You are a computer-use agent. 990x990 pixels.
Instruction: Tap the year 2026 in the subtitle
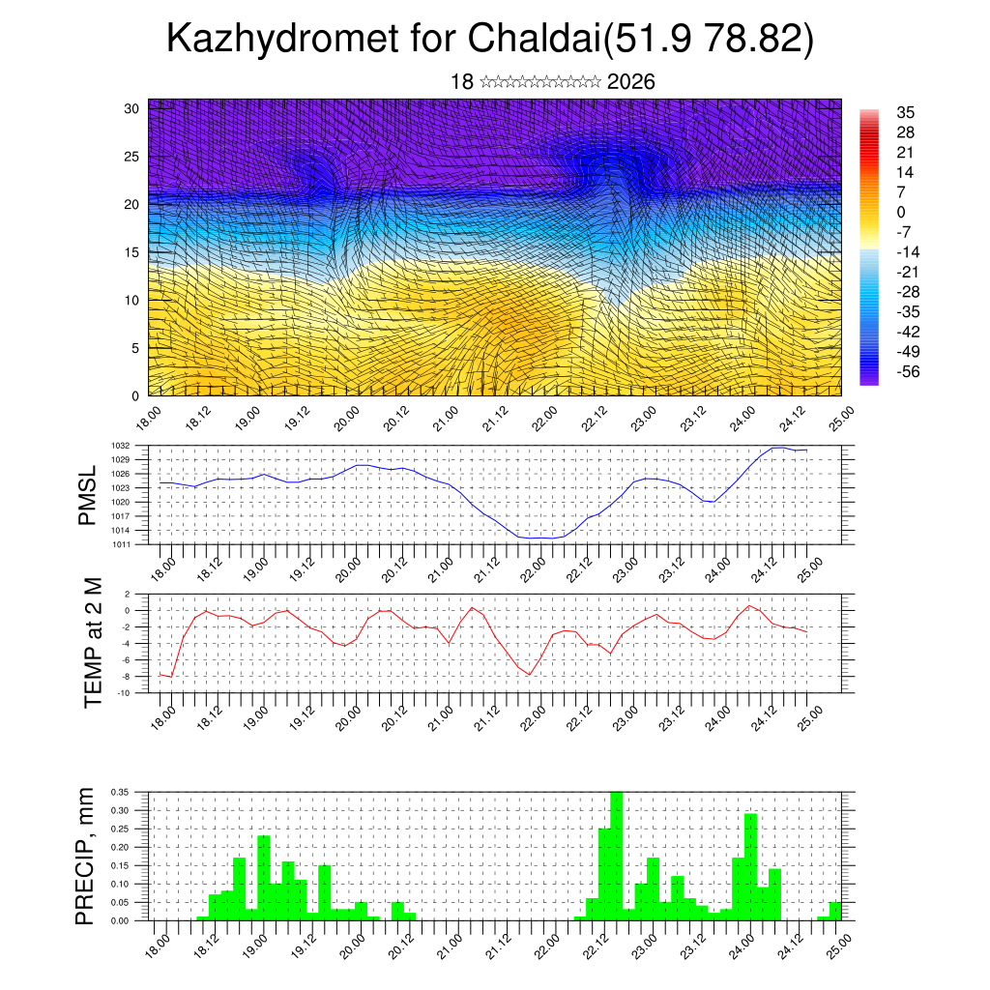tap(631, 82)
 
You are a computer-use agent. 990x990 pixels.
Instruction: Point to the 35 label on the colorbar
tap(906, 112)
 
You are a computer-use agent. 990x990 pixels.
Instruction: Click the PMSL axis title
tap(87, 495)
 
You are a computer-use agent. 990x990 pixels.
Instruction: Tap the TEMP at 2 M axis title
tap(93, 643)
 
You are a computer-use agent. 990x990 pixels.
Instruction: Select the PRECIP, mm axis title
tap(87, 856)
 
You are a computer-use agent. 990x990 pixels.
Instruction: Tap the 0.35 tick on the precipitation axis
tap(130, 792)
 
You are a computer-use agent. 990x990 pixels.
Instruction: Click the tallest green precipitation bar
tap(616, 856)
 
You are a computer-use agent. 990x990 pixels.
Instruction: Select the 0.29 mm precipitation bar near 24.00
tap(750, 866)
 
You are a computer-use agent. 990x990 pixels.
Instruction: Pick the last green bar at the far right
tap(835, 911)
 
